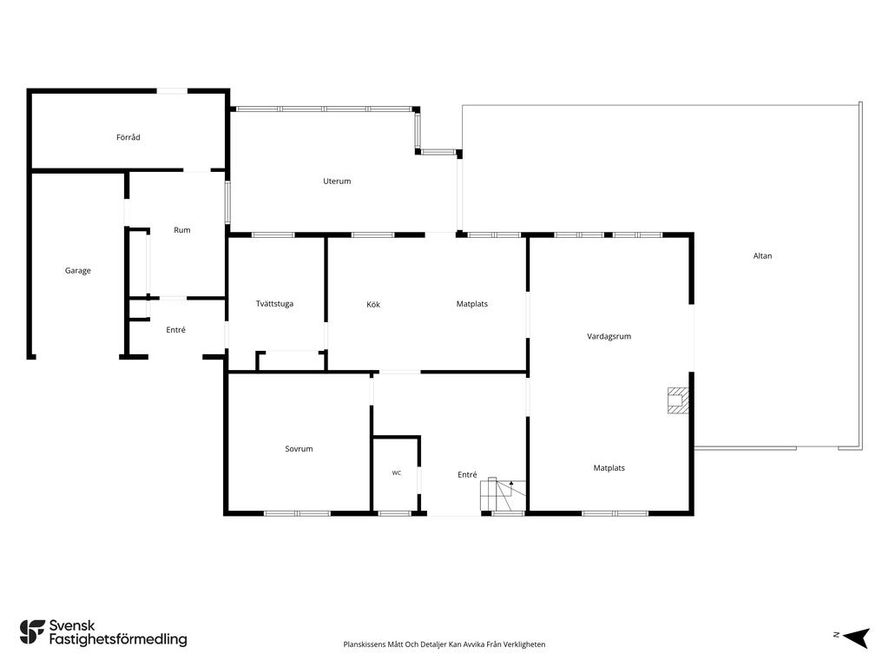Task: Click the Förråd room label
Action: [x=128, y=137]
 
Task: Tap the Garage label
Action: [x=77, y=271]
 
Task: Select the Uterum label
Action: [x=337, y=181]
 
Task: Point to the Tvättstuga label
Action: [x=274, y=303]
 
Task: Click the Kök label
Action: [x=373, y=305]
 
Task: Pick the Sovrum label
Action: [x=299, y=449]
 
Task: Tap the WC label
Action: [x=396, y=472]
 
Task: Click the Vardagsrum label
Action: [x=609, y=336]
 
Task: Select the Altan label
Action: [x=762, y=256]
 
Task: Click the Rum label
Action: [x=182, y=229]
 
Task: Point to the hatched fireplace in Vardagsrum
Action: [x=678, y=400]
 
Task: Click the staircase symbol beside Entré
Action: [x=503, y=495]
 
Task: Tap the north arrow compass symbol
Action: [x=856, y=637]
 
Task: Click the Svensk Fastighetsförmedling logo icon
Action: [x=32, y=632]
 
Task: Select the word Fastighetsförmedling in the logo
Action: [x=118, y=639]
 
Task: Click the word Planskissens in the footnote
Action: [x=364, y=644]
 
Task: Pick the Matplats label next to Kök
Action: [x=471, y=304]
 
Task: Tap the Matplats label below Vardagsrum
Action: [x=609, y=468]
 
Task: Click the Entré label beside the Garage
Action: [x=175, y=329]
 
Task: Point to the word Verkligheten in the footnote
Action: [x=525, y=644]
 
